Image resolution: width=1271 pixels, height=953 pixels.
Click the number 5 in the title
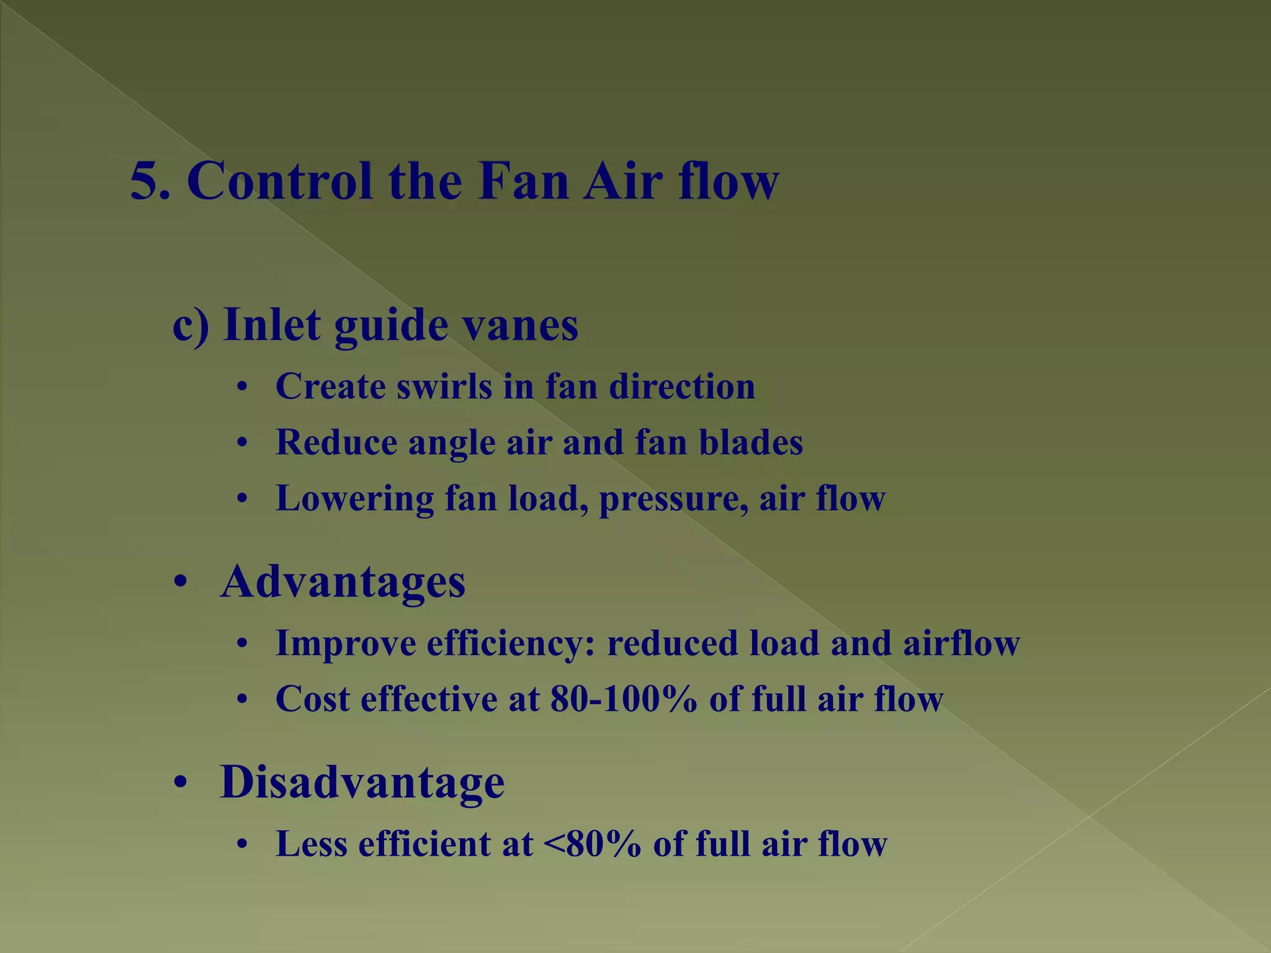tap(145, 181)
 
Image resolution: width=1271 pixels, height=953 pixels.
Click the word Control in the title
tap(280, 181)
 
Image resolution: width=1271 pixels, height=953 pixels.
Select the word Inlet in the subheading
tap(272, 324)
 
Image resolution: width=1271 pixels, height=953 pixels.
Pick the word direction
tap(682, 387)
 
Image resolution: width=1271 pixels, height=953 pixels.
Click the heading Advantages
tap(343, 583)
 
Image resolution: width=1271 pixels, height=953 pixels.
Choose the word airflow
tap(961, 643)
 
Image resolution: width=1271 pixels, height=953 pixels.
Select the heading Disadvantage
tap(362, 782)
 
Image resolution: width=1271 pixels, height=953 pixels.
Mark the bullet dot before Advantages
tap(180, 583)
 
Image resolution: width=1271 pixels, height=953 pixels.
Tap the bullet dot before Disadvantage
tap(180, 782)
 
